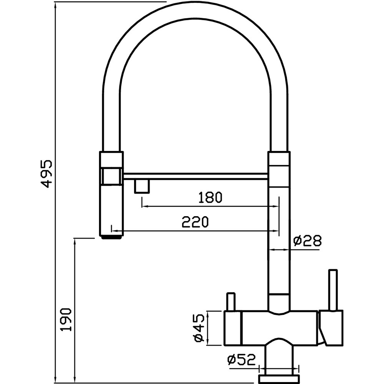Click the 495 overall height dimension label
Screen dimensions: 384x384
coord(46,174)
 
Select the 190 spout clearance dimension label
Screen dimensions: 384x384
coord(66,319)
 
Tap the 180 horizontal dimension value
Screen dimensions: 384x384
coord(210,197)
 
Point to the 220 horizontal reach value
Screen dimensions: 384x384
coord(195,222)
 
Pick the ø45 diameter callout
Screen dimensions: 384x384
coord(199,328)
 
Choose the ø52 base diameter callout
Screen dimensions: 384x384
coord(241,359)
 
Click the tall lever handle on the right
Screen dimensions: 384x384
coord(333,290)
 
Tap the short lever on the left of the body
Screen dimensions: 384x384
coord(231,302)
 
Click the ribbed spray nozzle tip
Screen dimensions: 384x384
coord(111,237)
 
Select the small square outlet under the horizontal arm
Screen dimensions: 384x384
coord(142,186)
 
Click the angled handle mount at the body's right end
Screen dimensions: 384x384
coord(331,328)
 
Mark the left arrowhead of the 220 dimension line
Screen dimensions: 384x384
coord(114,230)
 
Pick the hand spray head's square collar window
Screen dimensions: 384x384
coord(111,176)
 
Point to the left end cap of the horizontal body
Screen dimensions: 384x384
coord(233,328)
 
